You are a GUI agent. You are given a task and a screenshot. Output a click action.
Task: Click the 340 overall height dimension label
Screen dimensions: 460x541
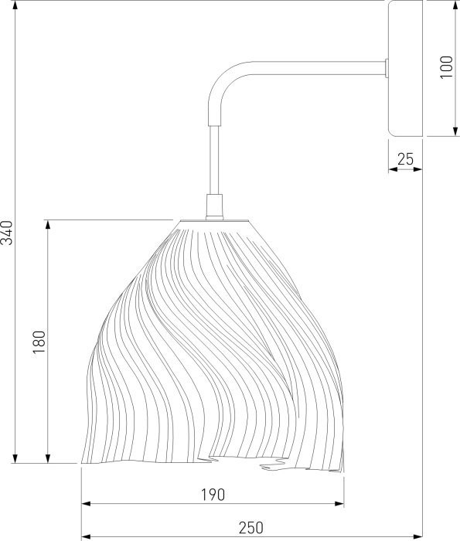coord(6,233)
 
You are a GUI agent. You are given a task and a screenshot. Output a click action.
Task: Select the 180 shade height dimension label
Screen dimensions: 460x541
coord(39,342)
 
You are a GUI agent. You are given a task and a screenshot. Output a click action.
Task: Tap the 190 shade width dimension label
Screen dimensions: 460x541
coord(213,495)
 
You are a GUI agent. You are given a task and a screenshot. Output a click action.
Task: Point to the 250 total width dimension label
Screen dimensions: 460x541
coord(251,528)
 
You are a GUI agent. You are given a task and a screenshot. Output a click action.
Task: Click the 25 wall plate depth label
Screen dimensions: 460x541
coord(405,159)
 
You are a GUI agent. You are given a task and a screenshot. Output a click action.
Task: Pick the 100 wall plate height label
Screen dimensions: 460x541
coord(447,67)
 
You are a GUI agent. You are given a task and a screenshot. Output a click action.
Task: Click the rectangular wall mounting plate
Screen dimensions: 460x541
coord(405,68)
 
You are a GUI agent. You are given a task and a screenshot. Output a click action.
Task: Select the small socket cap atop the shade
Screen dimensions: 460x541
coord(214,206)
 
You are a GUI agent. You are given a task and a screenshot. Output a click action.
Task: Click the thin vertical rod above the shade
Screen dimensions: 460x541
coord(214,160)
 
